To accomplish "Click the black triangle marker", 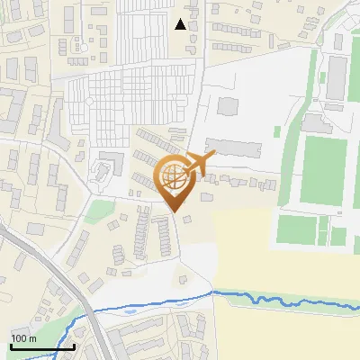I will pyautogui.click(x=181, y=24).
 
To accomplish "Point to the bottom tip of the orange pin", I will pyautogui.click(x=175, y=212).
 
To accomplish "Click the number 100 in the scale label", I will pyautogui.click(x=20, y=338).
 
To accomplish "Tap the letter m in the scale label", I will pyautogui.click(x=32, y=338).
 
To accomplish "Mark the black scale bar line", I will pyautogui.click(x=42, y=346).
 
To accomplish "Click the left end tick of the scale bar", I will pyautogui.click(x=11, y=345).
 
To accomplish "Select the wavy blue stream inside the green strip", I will pyautogui.click(x=288, y=299).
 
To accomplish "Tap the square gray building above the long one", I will pyautogui.click(x=228, y=106).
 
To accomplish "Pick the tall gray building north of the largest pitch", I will pyautogui.click(x=337, y=76).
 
